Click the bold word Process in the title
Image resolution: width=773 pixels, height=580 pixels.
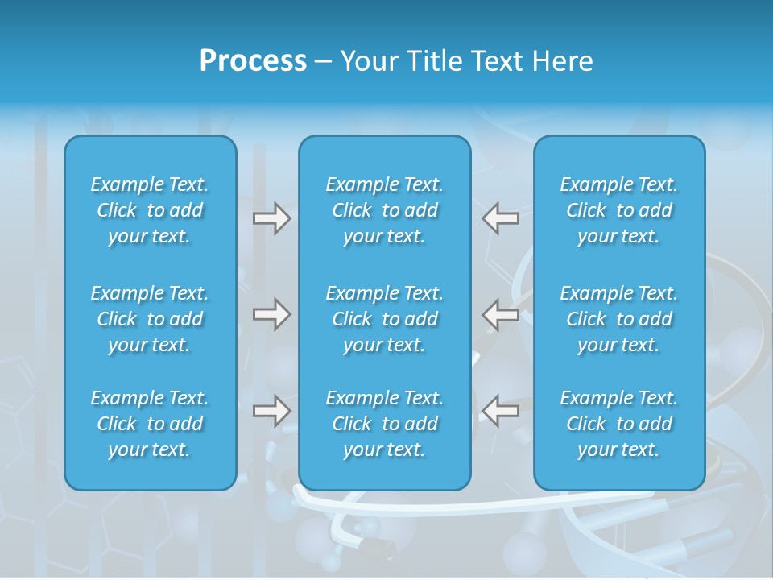(x=253, y=61)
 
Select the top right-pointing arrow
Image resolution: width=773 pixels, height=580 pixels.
(x=271, y=218)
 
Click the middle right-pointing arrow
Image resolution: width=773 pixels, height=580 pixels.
(x=271, y=314)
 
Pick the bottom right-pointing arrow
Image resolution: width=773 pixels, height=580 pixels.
(x=271, y=411)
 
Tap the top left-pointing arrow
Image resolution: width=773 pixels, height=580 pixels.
(x=500, y=218)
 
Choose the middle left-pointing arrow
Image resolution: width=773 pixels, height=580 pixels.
(x=500, y=314)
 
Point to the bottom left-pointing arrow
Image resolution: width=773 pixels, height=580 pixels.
(x=500, y=411)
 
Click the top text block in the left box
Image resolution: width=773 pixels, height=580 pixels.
(x=150, y=210)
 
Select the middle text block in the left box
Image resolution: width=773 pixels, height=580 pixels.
(x=150, y=319)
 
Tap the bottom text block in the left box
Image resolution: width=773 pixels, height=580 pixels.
(x=150, y=424)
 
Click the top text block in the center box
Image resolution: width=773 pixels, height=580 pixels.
(x=385, y=210)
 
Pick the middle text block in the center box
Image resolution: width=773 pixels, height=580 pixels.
(x=385, y=319)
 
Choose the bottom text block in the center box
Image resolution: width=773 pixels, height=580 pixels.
(x=385, y=424)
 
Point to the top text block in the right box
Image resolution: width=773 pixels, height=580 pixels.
(x=619, y=210)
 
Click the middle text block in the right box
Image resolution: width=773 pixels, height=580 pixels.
(x=619, y=319)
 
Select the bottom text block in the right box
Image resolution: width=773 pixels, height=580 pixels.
(x=619, y=424)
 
